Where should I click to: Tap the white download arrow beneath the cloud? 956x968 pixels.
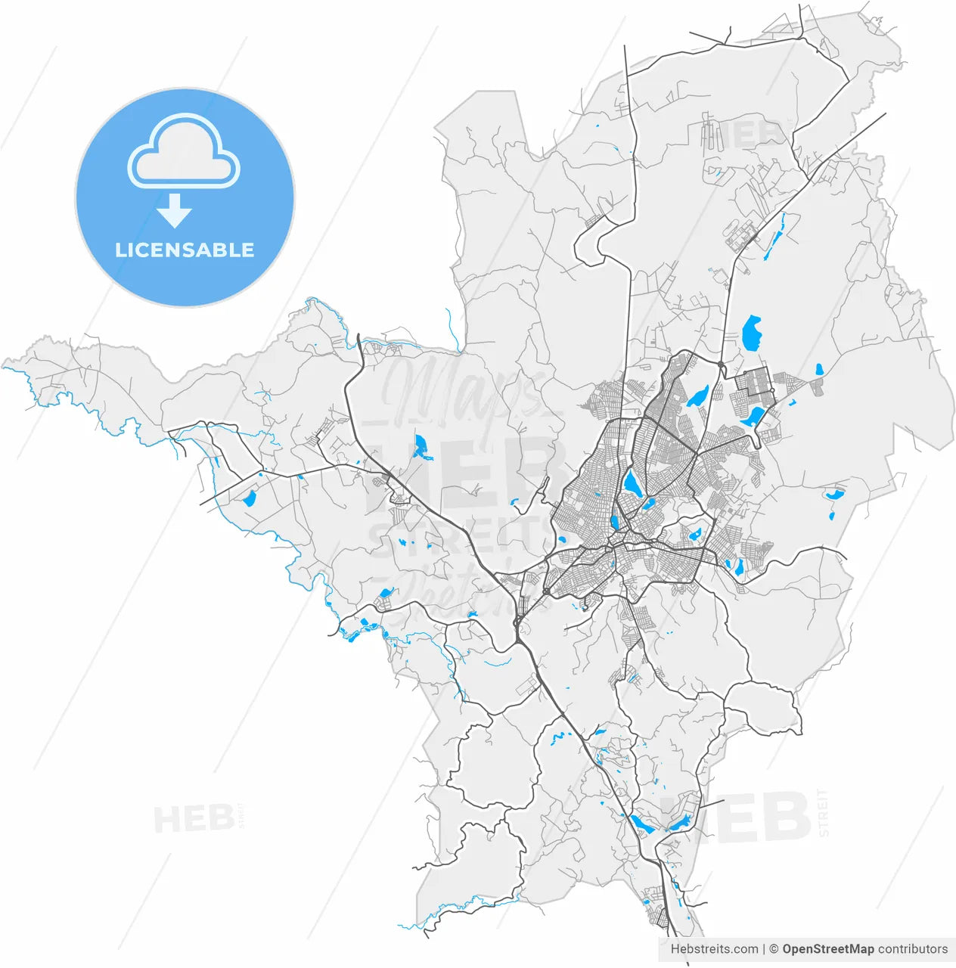click(x=175, y=211)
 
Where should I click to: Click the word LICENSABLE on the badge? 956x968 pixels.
click(x=185, y=250)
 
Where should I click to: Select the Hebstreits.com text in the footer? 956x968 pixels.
click(x=714, y=949)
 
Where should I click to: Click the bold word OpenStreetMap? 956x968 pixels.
click(x=828, y=949)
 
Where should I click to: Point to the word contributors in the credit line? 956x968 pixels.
click(x=913, y=949)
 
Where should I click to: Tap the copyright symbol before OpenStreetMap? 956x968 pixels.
click(x=774, y=949)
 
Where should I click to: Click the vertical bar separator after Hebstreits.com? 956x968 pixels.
click(x=764, y=949)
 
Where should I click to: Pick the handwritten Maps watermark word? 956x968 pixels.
click(x=461, y=389)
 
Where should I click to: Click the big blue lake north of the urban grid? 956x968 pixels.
click(x=752, y=333)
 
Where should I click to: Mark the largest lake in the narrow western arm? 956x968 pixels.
click(x=250, y=498)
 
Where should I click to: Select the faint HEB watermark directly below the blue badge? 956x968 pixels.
click(x=194, y=819)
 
